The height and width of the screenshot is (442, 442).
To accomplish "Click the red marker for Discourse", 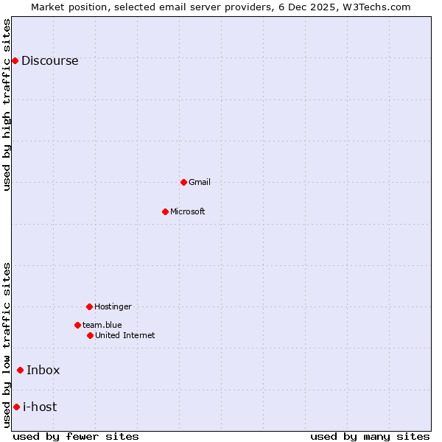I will [15, 60].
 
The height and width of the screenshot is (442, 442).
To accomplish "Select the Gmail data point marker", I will [183, 182].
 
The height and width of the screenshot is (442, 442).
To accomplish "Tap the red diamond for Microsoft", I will [165, 211].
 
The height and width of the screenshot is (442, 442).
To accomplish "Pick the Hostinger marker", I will [89, 306].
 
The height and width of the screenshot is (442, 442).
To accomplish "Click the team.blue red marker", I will [77, 325].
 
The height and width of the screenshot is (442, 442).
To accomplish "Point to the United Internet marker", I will [90, 335].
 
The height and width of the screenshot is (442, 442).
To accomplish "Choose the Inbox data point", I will [20, 370].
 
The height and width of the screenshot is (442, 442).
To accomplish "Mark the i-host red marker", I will [16, 407].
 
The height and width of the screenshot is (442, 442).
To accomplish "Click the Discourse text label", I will [49, 61].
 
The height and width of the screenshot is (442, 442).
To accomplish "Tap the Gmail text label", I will [200, 183].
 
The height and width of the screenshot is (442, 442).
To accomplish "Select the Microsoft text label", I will [188, 212].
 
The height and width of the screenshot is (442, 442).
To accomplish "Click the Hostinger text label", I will [113, 307].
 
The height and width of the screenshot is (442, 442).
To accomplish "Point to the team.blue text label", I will [102, 326].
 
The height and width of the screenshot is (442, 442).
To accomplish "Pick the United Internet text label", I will [125, 336].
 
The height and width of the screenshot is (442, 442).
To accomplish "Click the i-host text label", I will [40, 407].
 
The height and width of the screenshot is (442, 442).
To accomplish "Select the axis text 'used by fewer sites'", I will [76, 436].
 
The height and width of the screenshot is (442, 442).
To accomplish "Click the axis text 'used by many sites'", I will [370, 436].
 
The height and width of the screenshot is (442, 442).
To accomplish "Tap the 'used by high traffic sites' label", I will [7, 105].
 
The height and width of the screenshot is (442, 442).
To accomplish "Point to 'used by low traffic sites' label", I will [7, 345].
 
